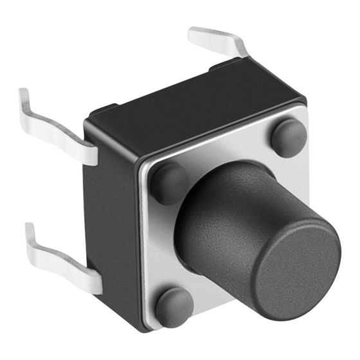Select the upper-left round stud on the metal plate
coord(168,183)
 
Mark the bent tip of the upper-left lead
coord(24,96)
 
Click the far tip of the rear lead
coord(193,31)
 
